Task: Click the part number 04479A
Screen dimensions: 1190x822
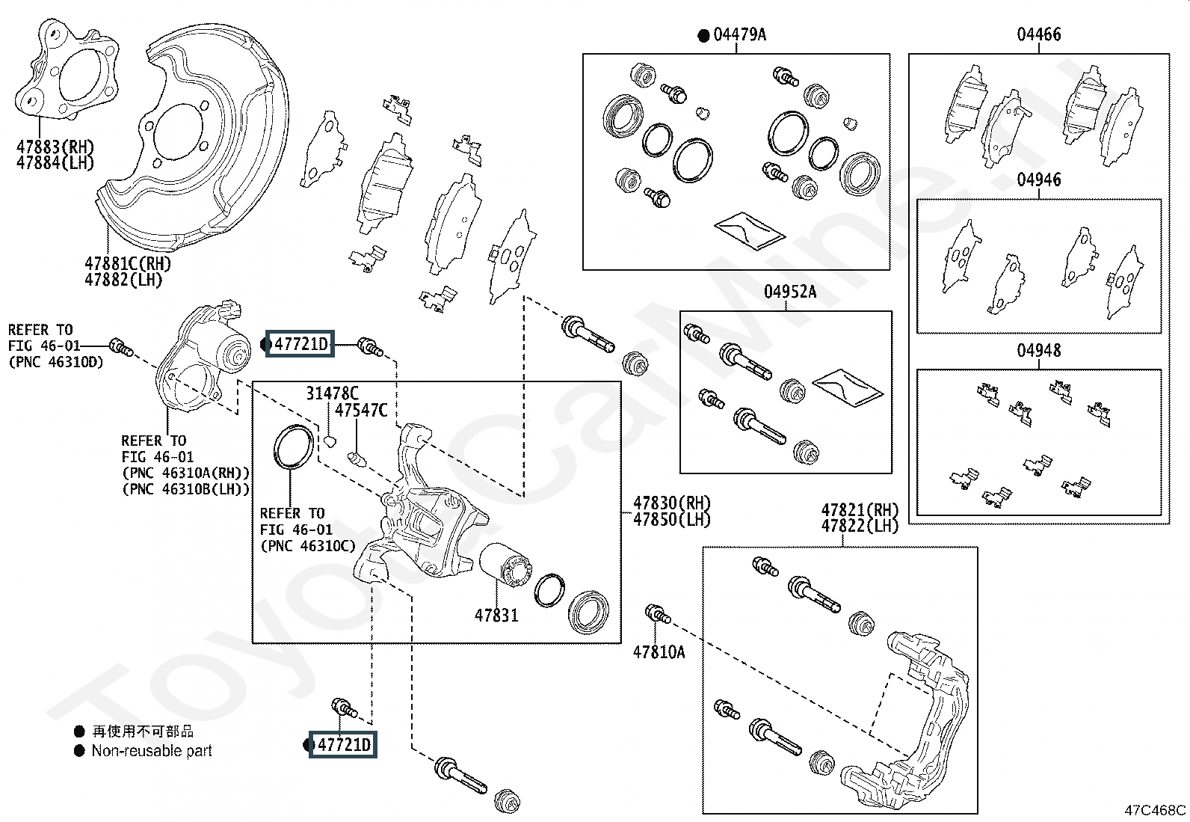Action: pyautogui.click(x=739, y=34)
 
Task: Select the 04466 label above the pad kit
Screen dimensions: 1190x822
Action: pyautogui.click(x=1038, y=34)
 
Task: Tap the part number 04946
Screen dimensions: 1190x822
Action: pyautogui.click(x=1038, y=180)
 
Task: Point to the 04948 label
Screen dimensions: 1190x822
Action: pyautogui.click(x=1038, y=350)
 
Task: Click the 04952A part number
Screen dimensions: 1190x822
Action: pyautogui.click(x=790, y=292)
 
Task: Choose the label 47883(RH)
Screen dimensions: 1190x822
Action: pyautogui.click(x=55, y=146)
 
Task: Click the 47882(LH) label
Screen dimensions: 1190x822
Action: pyautogui.click(x=123, y=280)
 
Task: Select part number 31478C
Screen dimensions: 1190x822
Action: pyautogui.click(x=332, y=393)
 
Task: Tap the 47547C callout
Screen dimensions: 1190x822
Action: pyautogui.click(x=361, y=410)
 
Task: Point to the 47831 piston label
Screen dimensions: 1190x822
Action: pyautogui.click(x=496, y=615)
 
